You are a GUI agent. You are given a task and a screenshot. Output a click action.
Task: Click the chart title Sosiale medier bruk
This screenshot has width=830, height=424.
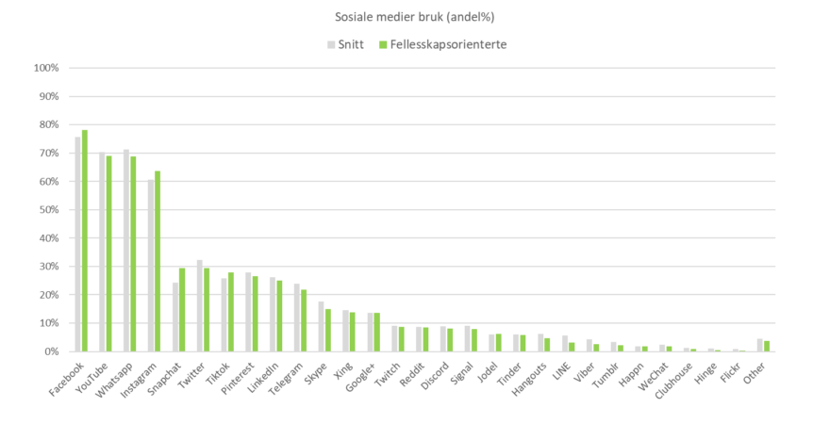(414, 16)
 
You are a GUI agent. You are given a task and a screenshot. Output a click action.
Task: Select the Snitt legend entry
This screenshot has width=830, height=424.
(343, 44)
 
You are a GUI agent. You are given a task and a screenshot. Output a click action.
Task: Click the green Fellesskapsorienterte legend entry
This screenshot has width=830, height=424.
(442, 44)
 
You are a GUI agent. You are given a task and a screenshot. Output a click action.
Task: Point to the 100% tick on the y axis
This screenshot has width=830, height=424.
(46, 68)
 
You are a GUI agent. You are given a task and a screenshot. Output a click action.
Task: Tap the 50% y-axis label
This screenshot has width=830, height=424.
(48, 209)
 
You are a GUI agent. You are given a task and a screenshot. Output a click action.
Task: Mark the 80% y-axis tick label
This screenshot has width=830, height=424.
(48, 124)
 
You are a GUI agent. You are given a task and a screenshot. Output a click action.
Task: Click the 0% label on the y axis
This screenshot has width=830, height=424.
(51, 351)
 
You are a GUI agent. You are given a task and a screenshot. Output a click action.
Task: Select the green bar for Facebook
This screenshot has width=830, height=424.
(84, 240)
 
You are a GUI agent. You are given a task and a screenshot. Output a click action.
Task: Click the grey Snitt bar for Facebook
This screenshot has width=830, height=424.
(77, 244)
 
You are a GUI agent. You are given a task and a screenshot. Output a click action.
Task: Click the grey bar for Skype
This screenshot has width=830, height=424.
(321, 326)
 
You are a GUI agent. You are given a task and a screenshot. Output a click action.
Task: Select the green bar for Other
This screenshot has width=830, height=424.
(768, 346)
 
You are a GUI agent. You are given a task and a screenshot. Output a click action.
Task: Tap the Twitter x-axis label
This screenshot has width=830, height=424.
(191, 368)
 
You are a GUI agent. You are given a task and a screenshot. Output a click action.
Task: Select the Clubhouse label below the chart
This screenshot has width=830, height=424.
(680, 373)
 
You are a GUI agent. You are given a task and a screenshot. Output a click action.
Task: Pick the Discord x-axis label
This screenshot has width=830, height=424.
(434, 368)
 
